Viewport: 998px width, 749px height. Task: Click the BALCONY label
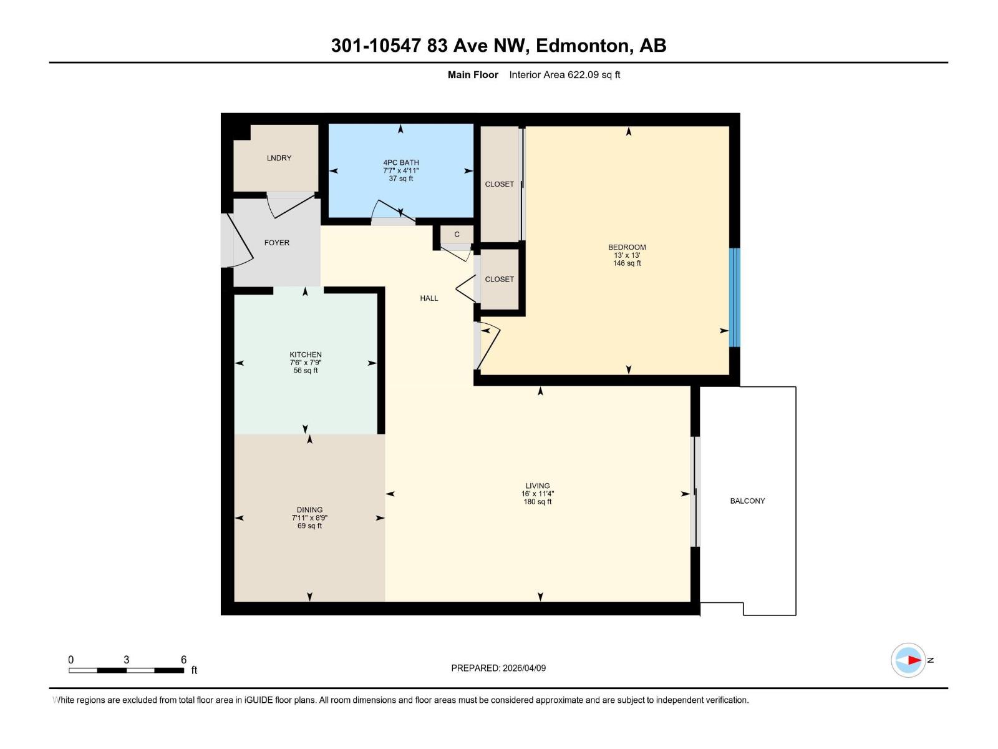[x=747, y=501]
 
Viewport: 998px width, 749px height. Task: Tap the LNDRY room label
[x=279, y=158]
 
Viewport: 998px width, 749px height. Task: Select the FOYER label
[x=276, y=243]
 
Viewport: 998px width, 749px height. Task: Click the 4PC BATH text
[x=400, y=162]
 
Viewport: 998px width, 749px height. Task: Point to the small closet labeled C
[x=457, y=235]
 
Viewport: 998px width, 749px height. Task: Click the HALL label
[x=429, y=298]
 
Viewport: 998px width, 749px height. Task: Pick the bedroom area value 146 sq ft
[x=627, y=263]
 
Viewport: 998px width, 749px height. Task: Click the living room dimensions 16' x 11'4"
[x=537, y=494]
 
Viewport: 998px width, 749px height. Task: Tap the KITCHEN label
[x=306, y=355]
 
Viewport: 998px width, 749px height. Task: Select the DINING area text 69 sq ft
[x=309, y=526]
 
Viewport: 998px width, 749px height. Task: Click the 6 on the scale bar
[x=183, y=660]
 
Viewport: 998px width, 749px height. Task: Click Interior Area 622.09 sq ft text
[x=564, y=75]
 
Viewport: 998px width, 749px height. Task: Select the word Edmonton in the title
[x=582, y=46]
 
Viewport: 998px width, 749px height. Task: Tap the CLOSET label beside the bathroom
[x=500, y=184]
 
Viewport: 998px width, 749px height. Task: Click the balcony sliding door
[x=696, y=492]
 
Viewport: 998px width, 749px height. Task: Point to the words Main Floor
[x=473, y=75]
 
